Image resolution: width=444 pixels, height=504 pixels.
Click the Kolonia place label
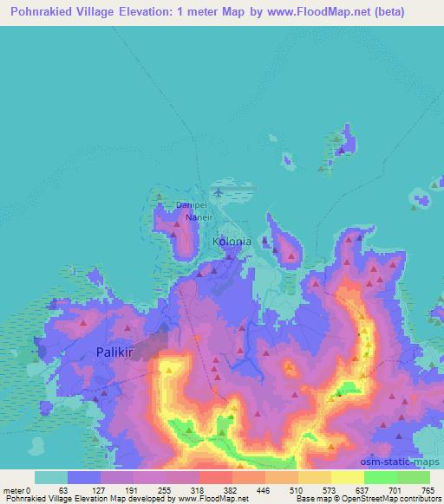[232, 242]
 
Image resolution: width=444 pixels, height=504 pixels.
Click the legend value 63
[63, 489]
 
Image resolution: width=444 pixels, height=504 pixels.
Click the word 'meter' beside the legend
[15, 489]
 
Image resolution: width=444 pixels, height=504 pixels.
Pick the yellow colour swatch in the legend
[347, 477]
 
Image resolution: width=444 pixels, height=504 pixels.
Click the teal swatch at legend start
[51, 477]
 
